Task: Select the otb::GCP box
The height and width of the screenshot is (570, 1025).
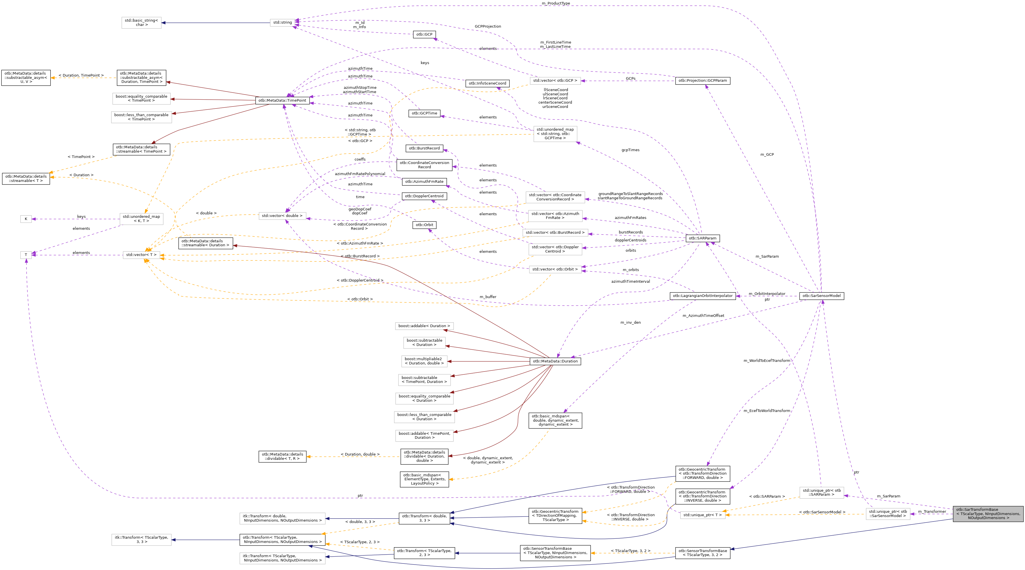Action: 424,34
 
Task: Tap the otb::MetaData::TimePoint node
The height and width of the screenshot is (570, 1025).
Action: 282,100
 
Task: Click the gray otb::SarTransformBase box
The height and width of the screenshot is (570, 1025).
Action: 988,514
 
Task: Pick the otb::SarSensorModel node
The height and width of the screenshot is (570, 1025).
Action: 821,296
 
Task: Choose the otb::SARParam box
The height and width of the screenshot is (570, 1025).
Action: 702,238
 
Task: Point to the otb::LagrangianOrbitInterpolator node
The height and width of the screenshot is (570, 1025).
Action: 702,296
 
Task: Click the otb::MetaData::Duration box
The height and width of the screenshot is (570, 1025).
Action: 555,361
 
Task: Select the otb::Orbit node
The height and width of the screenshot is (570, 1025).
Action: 424,225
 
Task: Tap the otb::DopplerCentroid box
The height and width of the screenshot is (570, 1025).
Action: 424,196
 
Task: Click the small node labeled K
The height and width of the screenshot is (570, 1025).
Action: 26,219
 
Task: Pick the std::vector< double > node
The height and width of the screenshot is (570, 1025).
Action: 282,216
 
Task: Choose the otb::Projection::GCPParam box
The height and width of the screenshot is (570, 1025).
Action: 702,81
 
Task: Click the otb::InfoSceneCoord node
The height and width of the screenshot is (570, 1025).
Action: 487,83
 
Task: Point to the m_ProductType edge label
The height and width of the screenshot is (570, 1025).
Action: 556,3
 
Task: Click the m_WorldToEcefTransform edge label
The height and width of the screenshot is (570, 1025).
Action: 766,360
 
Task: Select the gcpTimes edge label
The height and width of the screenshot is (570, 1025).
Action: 630,150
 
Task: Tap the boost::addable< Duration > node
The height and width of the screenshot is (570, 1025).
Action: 424,326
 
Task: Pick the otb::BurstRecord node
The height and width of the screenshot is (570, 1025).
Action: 424,148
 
